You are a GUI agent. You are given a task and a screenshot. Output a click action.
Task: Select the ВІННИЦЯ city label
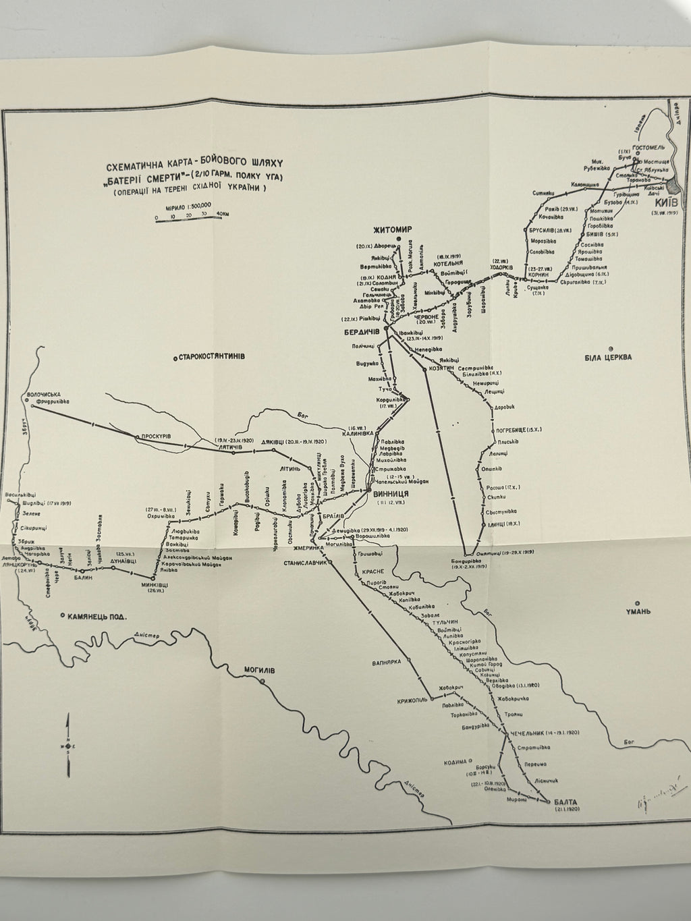pyautogui.click(x=391, y=493)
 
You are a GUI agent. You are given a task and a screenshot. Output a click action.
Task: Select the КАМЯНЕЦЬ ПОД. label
pyautogui.click(x=98, y=616)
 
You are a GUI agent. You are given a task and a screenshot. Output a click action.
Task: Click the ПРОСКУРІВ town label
pyautogui.click(x=156, y=437)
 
